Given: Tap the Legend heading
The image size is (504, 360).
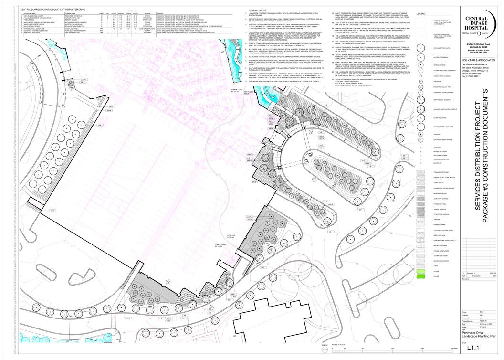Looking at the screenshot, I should pos(421,14).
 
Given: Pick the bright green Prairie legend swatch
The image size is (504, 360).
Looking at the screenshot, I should pos(421,276).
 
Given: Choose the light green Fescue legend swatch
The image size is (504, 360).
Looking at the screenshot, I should pos(421,271).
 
